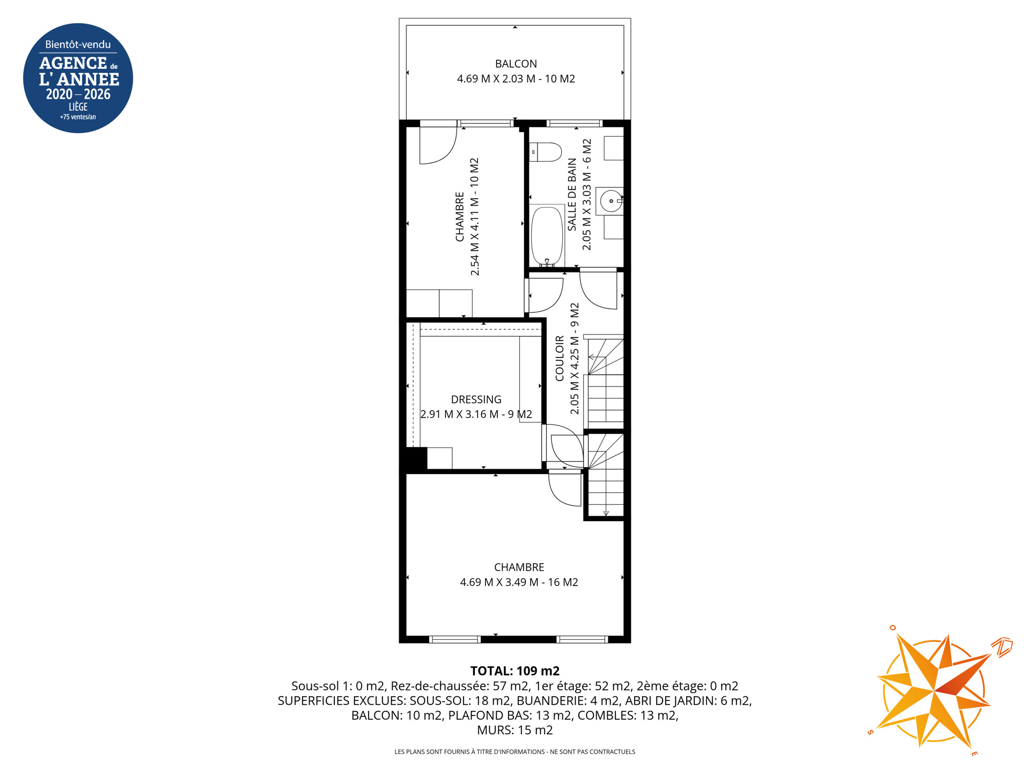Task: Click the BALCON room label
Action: pyautogui.click(x=516, y=64)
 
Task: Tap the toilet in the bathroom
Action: pyautogui.click(x=545, y=152)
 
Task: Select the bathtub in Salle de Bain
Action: pyautogui.click(x=547, y=236)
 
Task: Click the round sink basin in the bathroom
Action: pyautogui.click(x=611, y=201)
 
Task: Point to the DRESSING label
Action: pyautogui.click(x=476, y=399)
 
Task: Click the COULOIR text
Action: pyautogui.click(x=560, y=359)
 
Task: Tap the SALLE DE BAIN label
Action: pyautogui.click(x=572, y=194)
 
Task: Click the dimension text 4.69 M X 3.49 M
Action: pyautogui.click(x=499, y=582)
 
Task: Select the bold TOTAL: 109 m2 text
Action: pyautogui.click(x=515, y=671)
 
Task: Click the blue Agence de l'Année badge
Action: pyautogui.click(x=78, y=78)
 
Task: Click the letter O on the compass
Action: pyautogui.click(x=893, y=628)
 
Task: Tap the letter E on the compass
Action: pyautogui.click(x=975, y=754)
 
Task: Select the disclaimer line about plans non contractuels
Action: pyautogui.click(x=515, y=752)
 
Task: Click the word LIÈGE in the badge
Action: pyautogui.click(x=78, y=107)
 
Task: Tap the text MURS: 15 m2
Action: pyautogui.click(x=515, y=731)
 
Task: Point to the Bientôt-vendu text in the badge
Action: pyautogui.click(x=78, y=45)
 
